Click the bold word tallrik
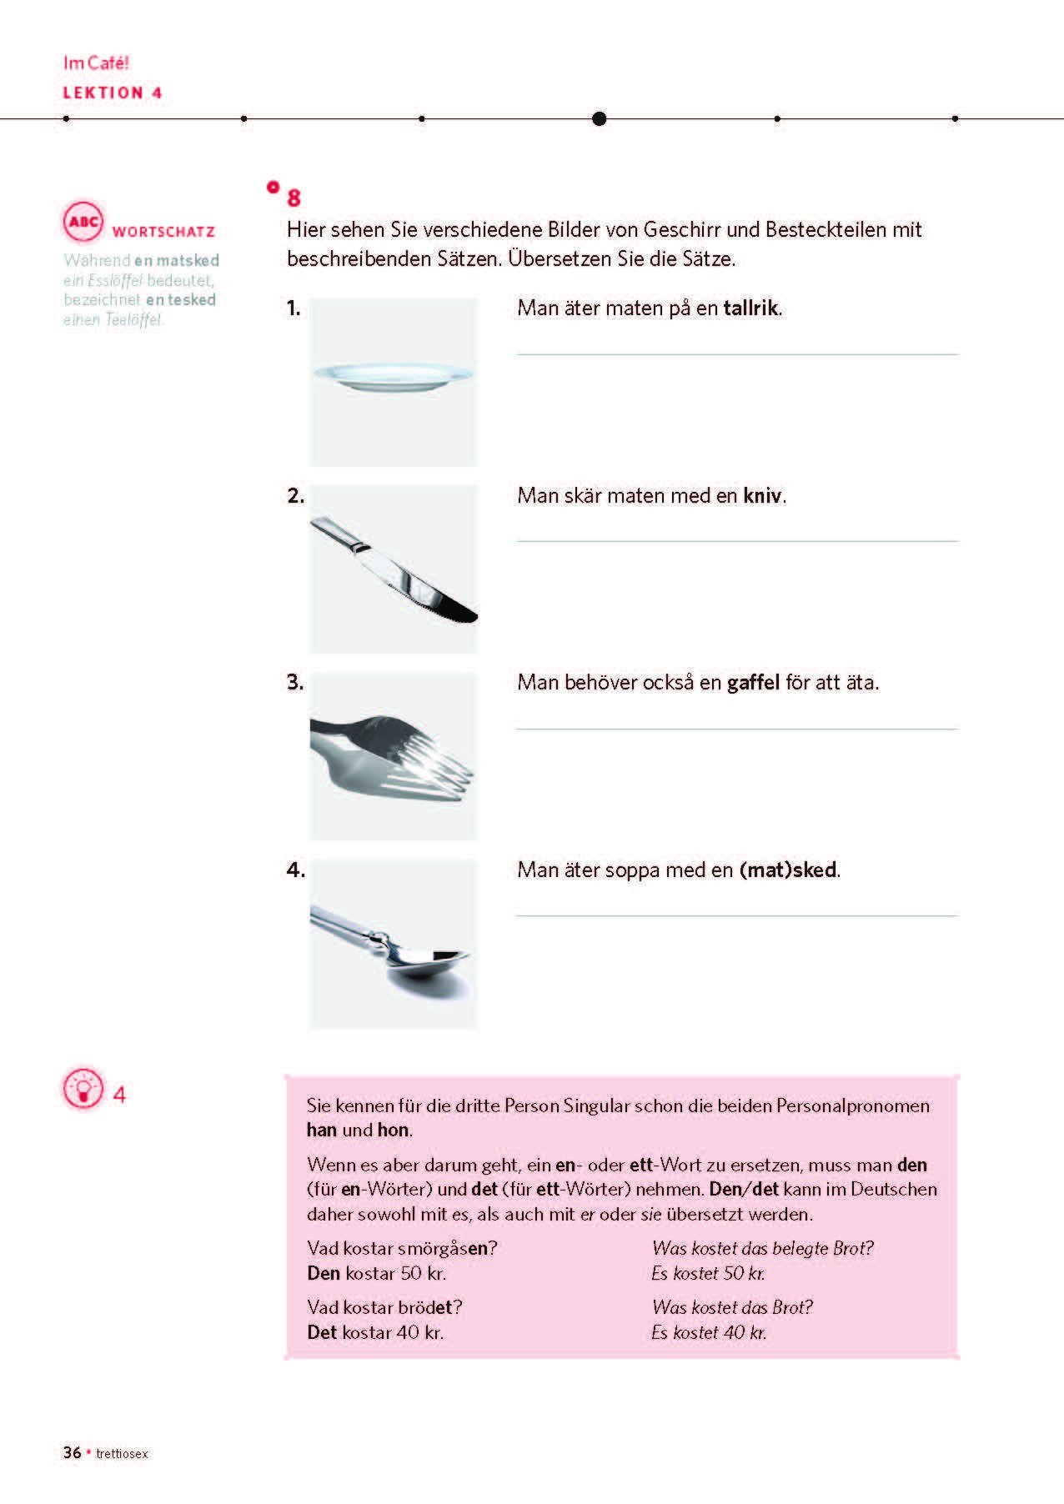click(x=750, y=308)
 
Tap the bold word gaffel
click(x=753, y=683)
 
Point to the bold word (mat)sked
click(x=787, y=870)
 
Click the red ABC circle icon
click(x=83, y=222)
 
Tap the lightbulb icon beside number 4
click(x=83, y=1089)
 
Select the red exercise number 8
click(x=294, y=198)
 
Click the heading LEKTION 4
click(x=112, y=93)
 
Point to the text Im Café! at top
click(x=96, y=63)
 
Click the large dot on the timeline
click(x=599, y=118)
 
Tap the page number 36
click(x=72, y=1452)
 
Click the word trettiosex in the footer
click(x=122, y=1454)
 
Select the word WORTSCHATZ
click(x=163, y=232)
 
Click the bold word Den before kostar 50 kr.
click(x=324, y=1273)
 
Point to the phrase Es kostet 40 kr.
click(x=708, y=1332)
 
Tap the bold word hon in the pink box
click(x=393, y=1131)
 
